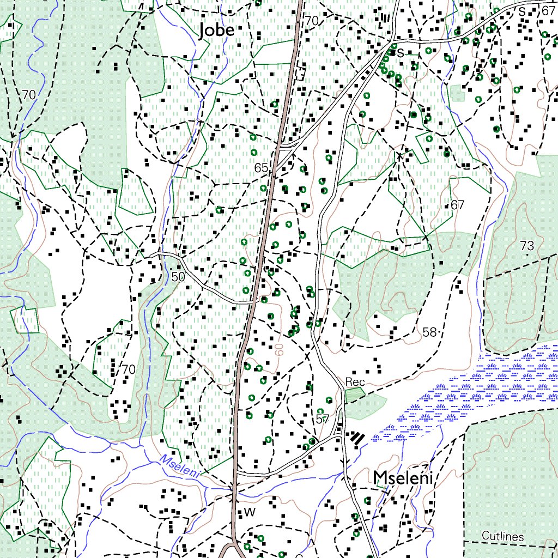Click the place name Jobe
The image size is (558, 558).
click(x=217, y=30)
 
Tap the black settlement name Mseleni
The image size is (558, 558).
click(x=403, y=478)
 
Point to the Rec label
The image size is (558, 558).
click(x=355, y=381)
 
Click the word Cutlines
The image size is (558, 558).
click(x=502, y=536)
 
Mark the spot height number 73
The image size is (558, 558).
click(x=527, y=246)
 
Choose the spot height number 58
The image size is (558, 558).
click(x=429, y=331)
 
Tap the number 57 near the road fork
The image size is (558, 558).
click(x=322, y=419)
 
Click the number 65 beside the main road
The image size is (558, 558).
click(x=261, y=168)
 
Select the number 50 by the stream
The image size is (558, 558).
click(x=178, y=277)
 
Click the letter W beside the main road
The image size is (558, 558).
click(x=250, y=512)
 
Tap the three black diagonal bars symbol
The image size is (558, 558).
click(x=357, y=438)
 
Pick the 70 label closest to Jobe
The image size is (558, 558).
click(x=311, y=21)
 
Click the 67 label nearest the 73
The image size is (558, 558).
click(x=457, y=205)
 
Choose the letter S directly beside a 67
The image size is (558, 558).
click(x=522, y=11)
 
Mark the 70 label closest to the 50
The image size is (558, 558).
click(x=128, y=369)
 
